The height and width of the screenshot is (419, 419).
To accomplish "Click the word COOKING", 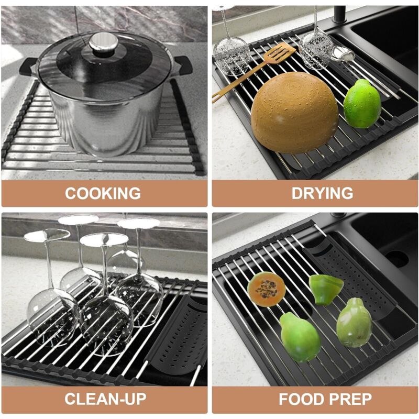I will coord(103,193).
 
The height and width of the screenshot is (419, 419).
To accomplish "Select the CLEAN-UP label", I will coord(105,399).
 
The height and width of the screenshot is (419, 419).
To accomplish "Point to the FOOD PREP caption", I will coord(325,399).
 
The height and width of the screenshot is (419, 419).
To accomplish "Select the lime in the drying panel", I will coord(362,104).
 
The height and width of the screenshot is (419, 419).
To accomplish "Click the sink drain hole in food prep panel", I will coord(396,257).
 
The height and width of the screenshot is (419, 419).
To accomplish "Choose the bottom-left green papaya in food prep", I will coord(299,337).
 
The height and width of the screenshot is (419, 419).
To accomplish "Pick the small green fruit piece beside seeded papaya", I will coord(326,288).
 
